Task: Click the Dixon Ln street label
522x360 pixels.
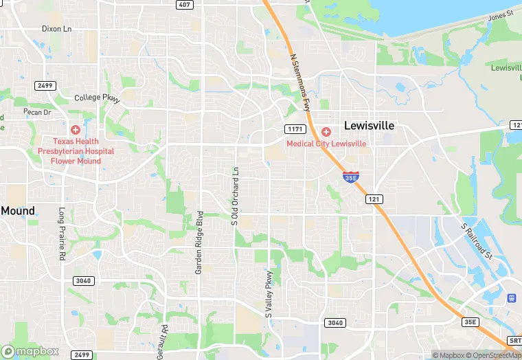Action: pos(56,29)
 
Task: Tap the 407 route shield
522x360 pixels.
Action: pos(183,4)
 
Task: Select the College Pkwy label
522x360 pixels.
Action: pos(97,98)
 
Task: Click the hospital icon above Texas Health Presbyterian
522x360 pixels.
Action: pos(76,129)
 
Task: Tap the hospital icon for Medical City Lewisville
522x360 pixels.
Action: pos(326,131)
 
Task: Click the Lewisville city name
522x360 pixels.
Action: pos(369,126)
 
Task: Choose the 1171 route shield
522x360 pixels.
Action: pos(295,129)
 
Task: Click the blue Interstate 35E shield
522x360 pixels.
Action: pos(350,177)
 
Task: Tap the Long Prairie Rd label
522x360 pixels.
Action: pos(62,234)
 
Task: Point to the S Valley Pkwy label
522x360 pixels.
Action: pos(269,293)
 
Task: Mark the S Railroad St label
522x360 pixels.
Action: pos(477,240)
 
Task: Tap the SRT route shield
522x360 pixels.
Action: pos(515,341)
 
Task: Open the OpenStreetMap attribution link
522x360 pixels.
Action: pos(493,355)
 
